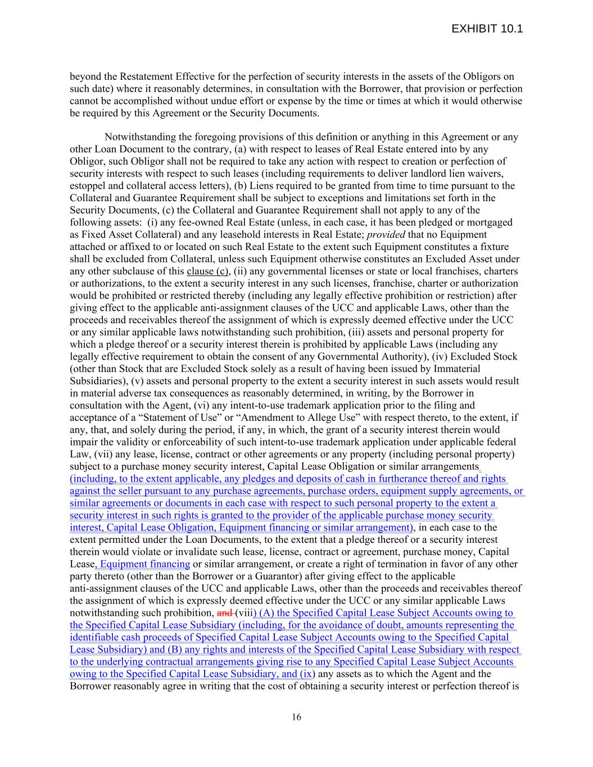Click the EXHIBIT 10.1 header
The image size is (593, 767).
(487, 29)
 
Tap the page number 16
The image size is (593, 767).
(296, 717)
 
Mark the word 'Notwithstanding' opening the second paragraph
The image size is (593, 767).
(138, 137)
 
